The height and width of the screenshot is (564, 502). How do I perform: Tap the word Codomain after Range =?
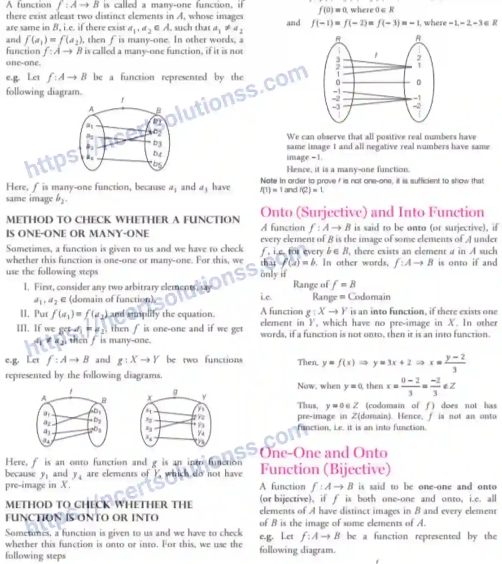coord(369,297)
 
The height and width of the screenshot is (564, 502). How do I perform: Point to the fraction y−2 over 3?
coord(455,363)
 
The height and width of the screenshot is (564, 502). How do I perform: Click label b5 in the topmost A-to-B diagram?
coord(157,164)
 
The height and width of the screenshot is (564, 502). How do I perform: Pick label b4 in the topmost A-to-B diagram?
coord(157,154)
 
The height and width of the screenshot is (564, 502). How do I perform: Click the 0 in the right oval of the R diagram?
coord(419,83)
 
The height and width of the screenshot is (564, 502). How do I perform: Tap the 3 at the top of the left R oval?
coord(337,59)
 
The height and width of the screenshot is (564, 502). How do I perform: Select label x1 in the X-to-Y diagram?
coord(149,410)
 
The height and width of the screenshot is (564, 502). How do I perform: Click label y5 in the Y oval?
coord(201,441)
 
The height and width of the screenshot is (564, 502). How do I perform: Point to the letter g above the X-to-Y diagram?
coord(175,393)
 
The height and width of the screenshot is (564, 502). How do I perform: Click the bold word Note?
coord(268,181)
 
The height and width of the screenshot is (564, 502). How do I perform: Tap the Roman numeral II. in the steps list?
coord(24,314)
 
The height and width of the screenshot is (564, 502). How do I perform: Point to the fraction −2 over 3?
coord(435,386)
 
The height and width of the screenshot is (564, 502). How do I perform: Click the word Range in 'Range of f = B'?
coord(306,285)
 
